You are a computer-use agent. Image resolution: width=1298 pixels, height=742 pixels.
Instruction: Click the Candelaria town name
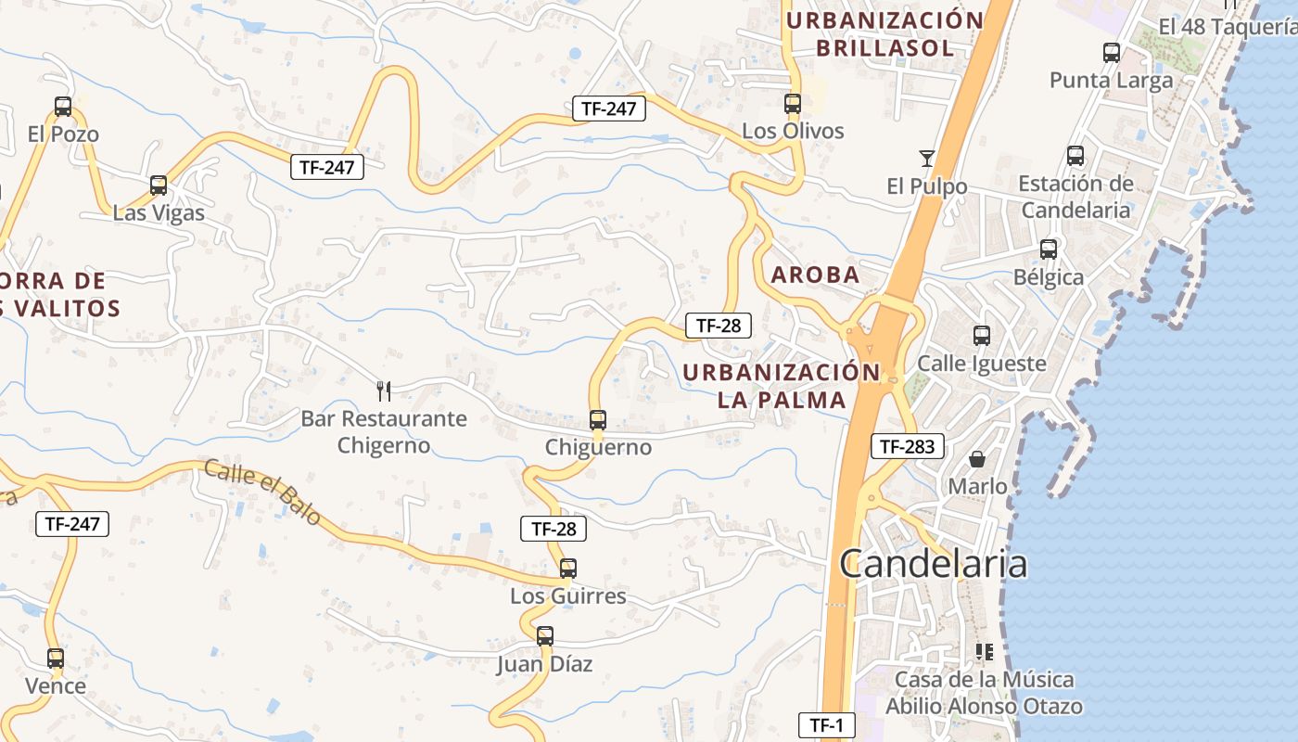(x=934, y=563)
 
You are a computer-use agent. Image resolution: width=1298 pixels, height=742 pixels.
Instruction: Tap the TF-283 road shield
(x=907, y=446)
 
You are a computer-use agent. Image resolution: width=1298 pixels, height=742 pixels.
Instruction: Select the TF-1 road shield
(x=826, y=725)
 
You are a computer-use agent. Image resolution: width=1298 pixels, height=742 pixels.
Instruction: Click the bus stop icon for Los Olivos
(x=793, y=103)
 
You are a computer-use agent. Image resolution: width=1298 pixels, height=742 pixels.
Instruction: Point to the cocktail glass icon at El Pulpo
(x=926, y=158)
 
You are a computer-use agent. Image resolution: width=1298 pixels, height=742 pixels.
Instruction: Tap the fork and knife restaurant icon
(x=384, y=390)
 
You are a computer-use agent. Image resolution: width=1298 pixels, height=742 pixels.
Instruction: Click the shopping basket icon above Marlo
(x=977, y=459)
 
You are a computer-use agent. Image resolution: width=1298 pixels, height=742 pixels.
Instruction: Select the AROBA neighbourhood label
(x=816, y=275)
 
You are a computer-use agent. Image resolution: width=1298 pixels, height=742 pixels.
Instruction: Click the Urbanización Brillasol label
(x=884, y=34)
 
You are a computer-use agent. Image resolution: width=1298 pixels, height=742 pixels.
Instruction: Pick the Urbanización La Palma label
(x=782, y=386)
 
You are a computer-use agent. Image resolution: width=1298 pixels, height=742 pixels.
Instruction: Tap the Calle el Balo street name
(x=262, y=492)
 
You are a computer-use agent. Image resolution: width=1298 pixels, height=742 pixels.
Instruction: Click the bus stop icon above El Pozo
(x=63, y=107)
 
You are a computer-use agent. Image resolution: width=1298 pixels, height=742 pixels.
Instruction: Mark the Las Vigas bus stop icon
(x=159, y=185)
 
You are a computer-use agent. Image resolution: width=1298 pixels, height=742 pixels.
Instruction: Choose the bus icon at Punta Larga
(x=1112, y=53)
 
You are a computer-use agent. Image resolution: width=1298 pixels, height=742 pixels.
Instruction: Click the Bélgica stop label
(x=1049, y=277)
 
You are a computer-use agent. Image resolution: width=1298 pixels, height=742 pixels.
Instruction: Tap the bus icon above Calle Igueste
(x=982, y=336)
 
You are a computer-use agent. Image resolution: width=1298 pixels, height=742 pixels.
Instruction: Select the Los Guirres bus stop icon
(x=568, y=568)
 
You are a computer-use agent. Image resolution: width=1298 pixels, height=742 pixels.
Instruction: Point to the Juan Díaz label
(x=544, y=664)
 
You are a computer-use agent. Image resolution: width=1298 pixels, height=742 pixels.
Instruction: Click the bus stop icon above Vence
(x=56, y=659)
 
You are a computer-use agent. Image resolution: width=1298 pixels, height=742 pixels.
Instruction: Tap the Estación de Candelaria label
(x=1075, y=197)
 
